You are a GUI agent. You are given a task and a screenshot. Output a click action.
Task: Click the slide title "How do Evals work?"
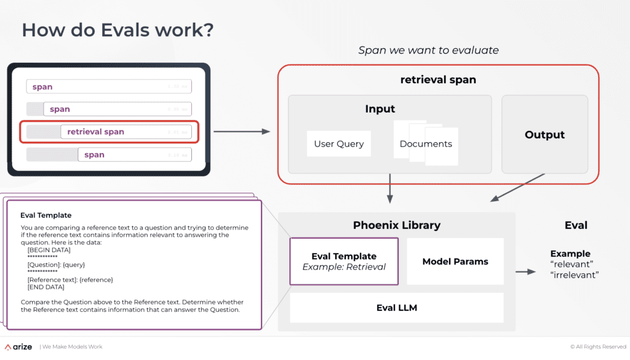118,30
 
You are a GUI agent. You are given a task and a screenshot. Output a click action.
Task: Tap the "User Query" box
339,144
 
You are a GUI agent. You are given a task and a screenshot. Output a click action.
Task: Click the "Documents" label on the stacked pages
426,144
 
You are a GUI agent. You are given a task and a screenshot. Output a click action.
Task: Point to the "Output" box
544,135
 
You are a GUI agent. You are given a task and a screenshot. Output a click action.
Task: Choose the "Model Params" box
455,262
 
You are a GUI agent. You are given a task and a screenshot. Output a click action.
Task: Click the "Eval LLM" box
397,308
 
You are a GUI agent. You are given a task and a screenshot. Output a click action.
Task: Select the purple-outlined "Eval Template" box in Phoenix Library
344,262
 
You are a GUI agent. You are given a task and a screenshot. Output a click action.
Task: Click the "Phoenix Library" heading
397,225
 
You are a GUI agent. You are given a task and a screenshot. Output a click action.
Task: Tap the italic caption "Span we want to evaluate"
428,50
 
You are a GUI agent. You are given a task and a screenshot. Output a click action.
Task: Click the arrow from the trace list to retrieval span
241,132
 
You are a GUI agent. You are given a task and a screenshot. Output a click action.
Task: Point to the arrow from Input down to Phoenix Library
389,188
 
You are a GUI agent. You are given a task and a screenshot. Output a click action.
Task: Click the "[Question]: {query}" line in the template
56,265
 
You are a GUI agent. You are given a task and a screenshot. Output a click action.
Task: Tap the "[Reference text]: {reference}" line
70,280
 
